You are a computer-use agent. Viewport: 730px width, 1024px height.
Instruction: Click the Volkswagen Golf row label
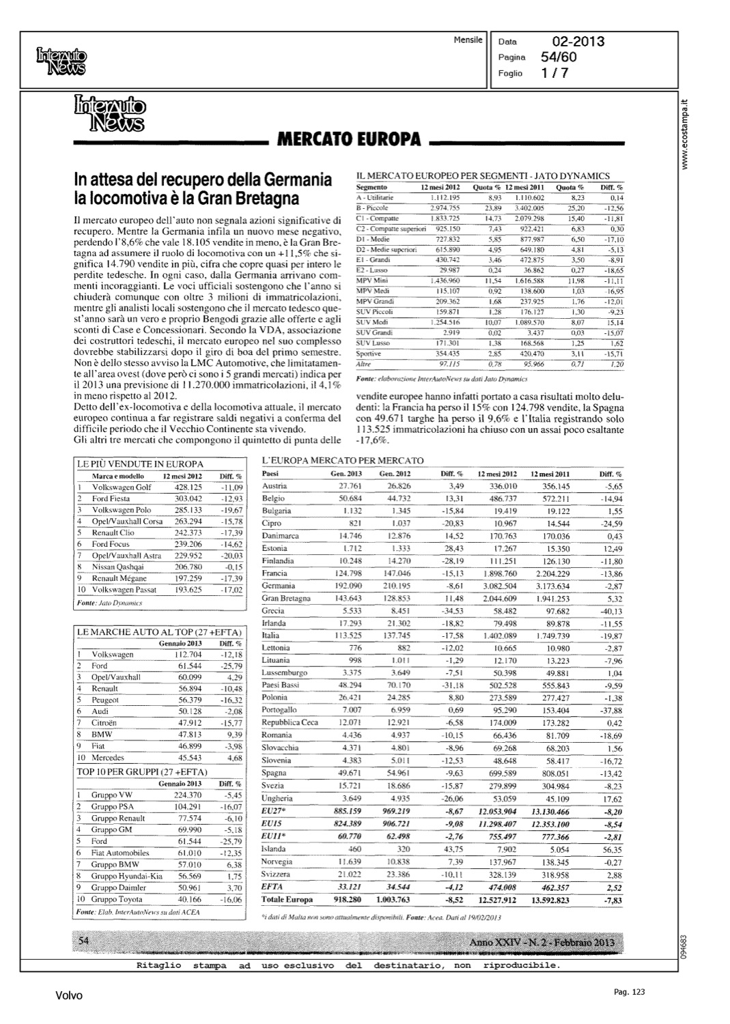click(122, 487)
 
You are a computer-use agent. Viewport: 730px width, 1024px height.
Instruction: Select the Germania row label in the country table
click(279, 586)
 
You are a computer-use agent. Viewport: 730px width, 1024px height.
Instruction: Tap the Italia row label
click(271, 636)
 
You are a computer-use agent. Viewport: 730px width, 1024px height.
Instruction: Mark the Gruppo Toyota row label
click(117, 899)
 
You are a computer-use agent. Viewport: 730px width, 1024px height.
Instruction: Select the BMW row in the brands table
click(102, 735)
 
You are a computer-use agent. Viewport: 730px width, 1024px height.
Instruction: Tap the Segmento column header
click(372, 187)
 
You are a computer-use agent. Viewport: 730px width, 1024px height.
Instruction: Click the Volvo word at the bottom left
click(69, 996)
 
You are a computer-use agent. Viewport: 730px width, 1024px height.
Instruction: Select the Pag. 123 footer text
click(629, 992)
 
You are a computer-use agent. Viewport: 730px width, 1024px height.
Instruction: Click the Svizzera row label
click(276, 874)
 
